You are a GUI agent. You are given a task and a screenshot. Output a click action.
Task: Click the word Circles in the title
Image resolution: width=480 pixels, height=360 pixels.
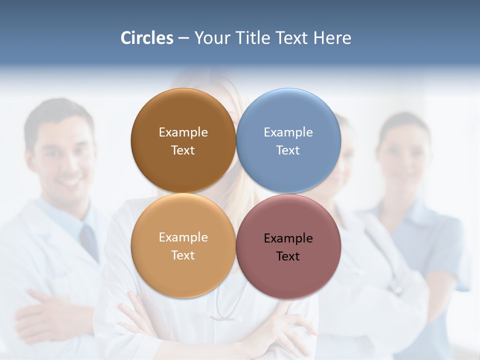pos(146,38)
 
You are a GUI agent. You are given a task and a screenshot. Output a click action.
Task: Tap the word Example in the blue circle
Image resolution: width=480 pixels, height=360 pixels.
pos(288,132)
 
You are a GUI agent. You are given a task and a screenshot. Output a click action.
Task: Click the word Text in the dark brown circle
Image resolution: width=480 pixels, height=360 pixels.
pos(183,150)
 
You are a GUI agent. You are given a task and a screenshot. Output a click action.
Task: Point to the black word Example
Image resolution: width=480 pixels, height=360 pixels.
pos(288,238)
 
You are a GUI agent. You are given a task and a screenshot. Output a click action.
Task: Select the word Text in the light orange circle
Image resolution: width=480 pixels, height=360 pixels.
pos(183,255)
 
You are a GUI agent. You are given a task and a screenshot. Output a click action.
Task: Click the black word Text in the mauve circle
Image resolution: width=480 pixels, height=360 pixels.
pos(288,256)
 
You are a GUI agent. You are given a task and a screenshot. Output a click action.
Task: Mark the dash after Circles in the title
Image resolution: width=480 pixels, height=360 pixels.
pos(183,38)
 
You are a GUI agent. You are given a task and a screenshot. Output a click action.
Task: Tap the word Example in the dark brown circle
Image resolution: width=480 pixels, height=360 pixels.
pos(183,132)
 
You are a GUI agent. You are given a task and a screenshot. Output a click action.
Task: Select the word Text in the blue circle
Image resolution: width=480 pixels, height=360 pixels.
pos(288,150)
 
